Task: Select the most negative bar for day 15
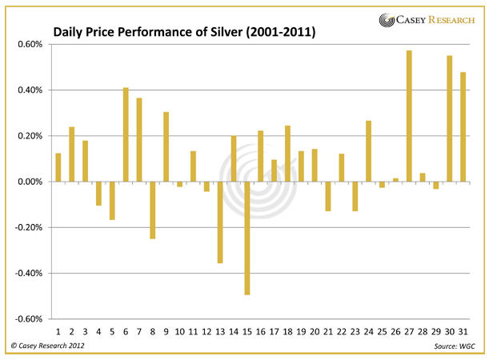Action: click(x=247, y=238)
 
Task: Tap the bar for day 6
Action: click(x=126, y=134)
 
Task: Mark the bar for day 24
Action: click(x=368, y=151)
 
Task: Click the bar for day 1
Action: click(x=58, y=167)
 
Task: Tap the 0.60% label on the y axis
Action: click(x=29, y=44)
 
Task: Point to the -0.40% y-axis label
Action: click(x=27, y=273)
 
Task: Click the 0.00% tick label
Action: click(x=29, y=182)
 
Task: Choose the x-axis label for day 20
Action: click(x=315, y=330)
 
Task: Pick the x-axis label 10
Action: click(x=179, y=330)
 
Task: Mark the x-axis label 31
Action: click(x=463, y=330)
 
